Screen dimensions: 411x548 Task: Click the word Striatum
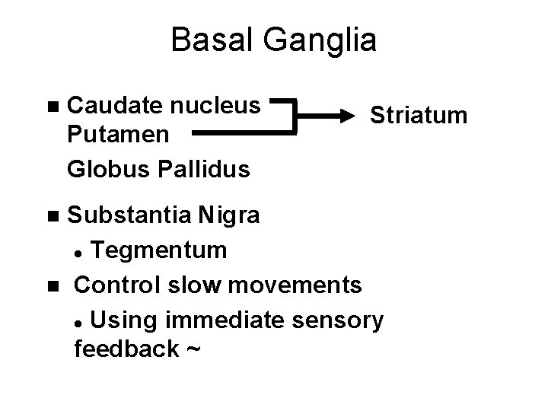[418, 116]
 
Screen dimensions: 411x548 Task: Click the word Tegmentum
[161, 249]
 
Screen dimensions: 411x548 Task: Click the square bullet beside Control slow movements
[51, 285]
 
